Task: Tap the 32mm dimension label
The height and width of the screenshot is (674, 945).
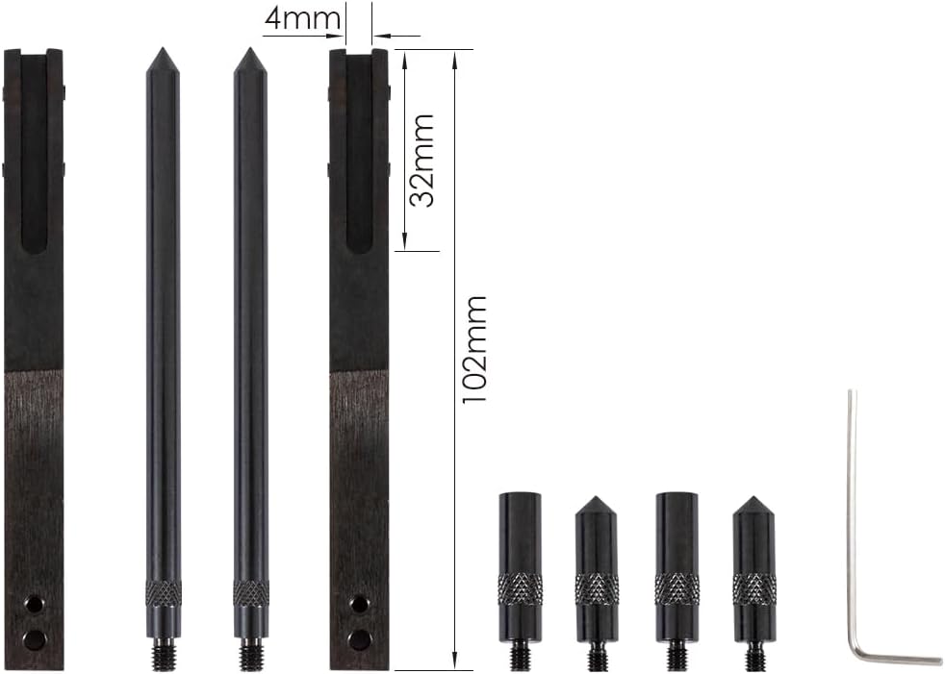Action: point(421,161)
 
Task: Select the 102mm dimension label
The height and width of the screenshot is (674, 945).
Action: point(473,350)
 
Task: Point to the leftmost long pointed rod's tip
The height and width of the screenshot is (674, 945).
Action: point(163,49)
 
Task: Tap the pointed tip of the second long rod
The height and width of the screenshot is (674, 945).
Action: point(250,49)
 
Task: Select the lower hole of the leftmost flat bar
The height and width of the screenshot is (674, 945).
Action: point(35,637)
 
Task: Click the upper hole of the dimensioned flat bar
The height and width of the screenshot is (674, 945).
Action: point(360,604)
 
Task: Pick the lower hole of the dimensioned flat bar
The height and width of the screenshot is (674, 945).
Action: point(360,637)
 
